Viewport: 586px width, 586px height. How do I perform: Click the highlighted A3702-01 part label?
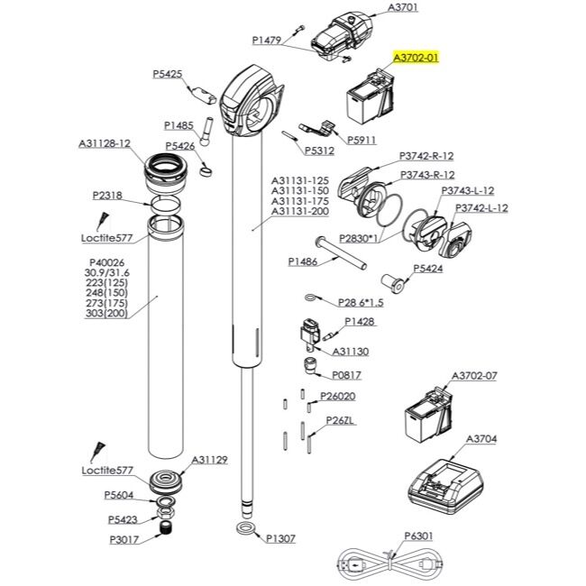[416, 58]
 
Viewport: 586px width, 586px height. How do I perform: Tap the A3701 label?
[402, 7]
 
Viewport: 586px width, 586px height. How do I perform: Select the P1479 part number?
[267, 41]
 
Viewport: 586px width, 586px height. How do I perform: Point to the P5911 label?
[362, 140]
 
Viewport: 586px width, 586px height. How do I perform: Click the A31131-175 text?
[300, 201]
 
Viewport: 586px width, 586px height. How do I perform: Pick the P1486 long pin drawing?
[341, 253]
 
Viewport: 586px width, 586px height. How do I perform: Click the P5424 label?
[428, 269]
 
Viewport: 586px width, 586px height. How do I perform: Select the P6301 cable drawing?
[390, 563]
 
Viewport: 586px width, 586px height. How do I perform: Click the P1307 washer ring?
[246, 529]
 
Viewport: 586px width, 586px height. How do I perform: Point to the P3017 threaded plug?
[165, 528]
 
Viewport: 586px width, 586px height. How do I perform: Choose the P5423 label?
[123, 519]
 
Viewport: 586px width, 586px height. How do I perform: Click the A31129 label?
[209, 460]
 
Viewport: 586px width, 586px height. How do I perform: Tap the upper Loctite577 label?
[107, 238]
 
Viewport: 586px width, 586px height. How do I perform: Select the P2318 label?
[107, 196]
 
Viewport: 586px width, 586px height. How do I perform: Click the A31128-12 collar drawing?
[166, 174]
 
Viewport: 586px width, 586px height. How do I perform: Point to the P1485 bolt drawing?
[206, 132]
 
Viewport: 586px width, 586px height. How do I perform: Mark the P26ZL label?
[340, 420]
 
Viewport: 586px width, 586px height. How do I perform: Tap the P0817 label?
[347, 375]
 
